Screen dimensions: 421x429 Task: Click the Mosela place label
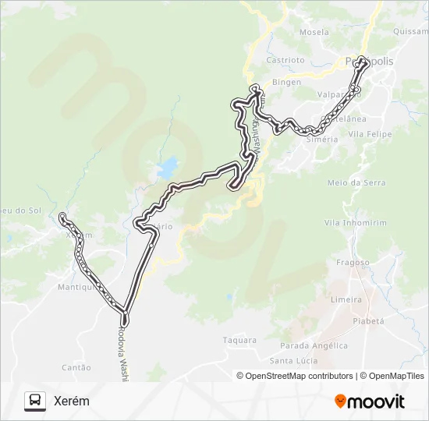click(314, 33)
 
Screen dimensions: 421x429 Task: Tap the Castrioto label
click(285, 59)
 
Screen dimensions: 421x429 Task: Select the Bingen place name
click(286, 81)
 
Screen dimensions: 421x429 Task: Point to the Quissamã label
click(412, 32)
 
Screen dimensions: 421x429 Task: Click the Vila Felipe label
click(370, 134)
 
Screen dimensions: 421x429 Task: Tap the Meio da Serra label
click(356, 182)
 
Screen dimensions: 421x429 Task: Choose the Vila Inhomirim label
click(355, 223)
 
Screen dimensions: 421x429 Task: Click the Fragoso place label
click(353, 263)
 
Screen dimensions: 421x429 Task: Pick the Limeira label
click(346, 299)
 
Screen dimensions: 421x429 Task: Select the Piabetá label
click(369, 320)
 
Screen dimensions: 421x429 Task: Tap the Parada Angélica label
click(314, 345)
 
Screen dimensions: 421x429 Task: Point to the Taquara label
click(239, 340)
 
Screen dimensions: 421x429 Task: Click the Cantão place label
click(76, 367)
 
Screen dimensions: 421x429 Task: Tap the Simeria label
click(322, 139)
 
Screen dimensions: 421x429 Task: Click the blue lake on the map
click(166, 167)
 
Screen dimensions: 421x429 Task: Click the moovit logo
click(370, 402)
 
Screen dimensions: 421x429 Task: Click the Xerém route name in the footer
click(72, 401)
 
